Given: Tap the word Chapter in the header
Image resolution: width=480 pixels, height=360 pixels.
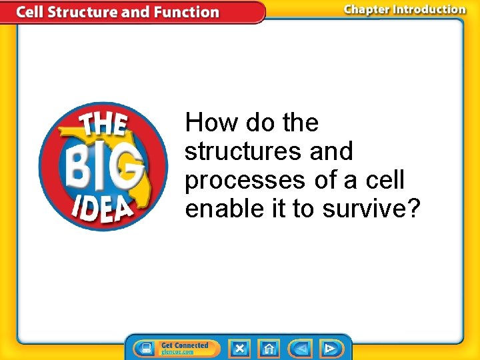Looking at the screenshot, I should tap(369, 9).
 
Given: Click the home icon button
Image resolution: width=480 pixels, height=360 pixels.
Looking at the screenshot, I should tap(269, 349).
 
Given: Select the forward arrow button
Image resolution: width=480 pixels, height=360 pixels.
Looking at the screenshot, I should tap(329, 349).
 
